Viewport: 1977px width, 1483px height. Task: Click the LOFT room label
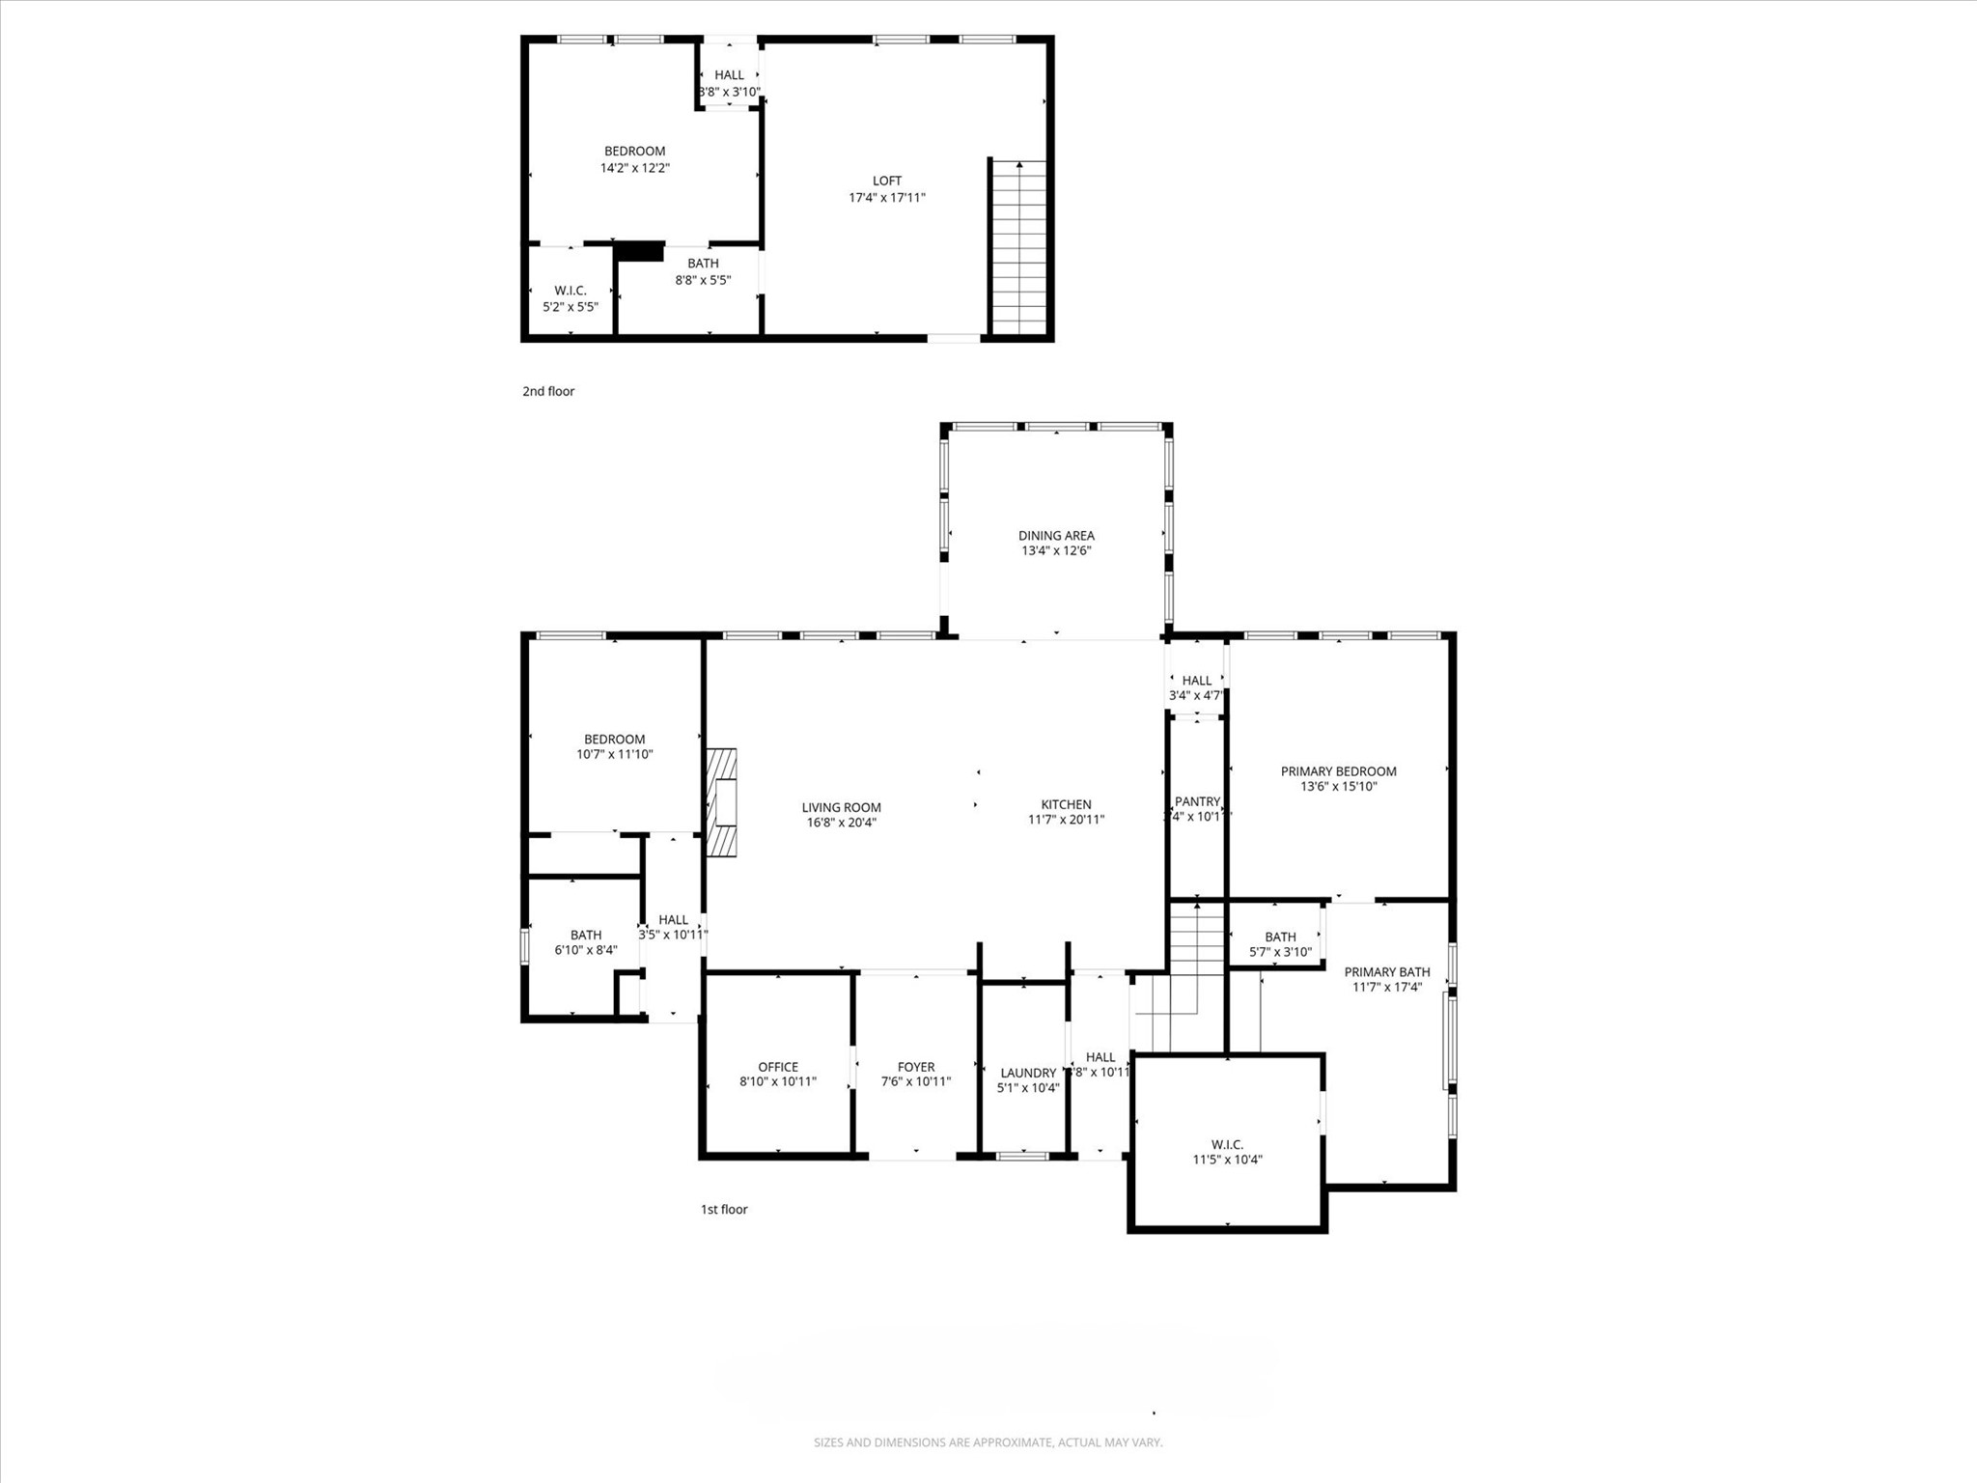point(886,181)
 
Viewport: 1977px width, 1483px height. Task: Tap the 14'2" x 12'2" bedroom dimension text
point(634,168)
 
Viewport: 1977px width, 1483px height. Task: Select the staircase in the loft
point(1019,247)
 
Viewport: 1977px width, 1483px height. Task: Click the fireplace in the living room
point(723,802)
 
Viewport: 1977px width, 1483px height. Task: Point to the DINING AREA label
point(1056,535)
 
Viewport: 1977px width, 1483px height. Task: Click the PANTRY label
point(1197,801)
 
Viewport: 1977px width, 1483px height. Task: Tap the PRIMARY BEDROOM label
point(1338,770)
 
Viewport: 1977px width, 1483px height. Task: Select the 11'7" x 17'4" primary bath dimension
point(1387,988)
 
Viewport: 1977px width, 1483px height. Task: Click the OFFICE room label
point(777,1067)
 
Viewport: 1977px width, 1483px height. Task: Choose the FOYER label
point(915,1067)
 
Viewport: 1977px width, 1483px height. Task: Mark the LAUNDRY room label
point(1028,1073)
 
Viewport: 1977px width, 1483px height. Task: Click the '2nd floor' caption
point(548,391)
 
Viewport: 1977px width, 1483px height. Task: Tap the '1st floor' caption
point(724,1209)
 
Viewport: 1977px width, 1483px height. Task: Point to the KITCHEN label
point(1066,804)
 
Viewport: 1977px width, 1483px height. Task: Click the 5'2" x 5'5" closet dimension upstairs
point(570,307)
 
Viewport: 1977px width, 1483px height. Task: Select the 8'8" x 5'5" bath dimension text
point(703,280)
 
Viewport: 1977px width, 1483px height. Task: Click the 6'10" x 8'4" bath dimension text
point(585,950)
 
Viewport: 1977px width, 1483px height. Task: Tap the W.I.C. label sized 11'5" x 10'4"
point(1227,1144)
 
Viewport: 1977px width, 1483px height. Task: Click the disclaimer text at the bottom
point(988,1442)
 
